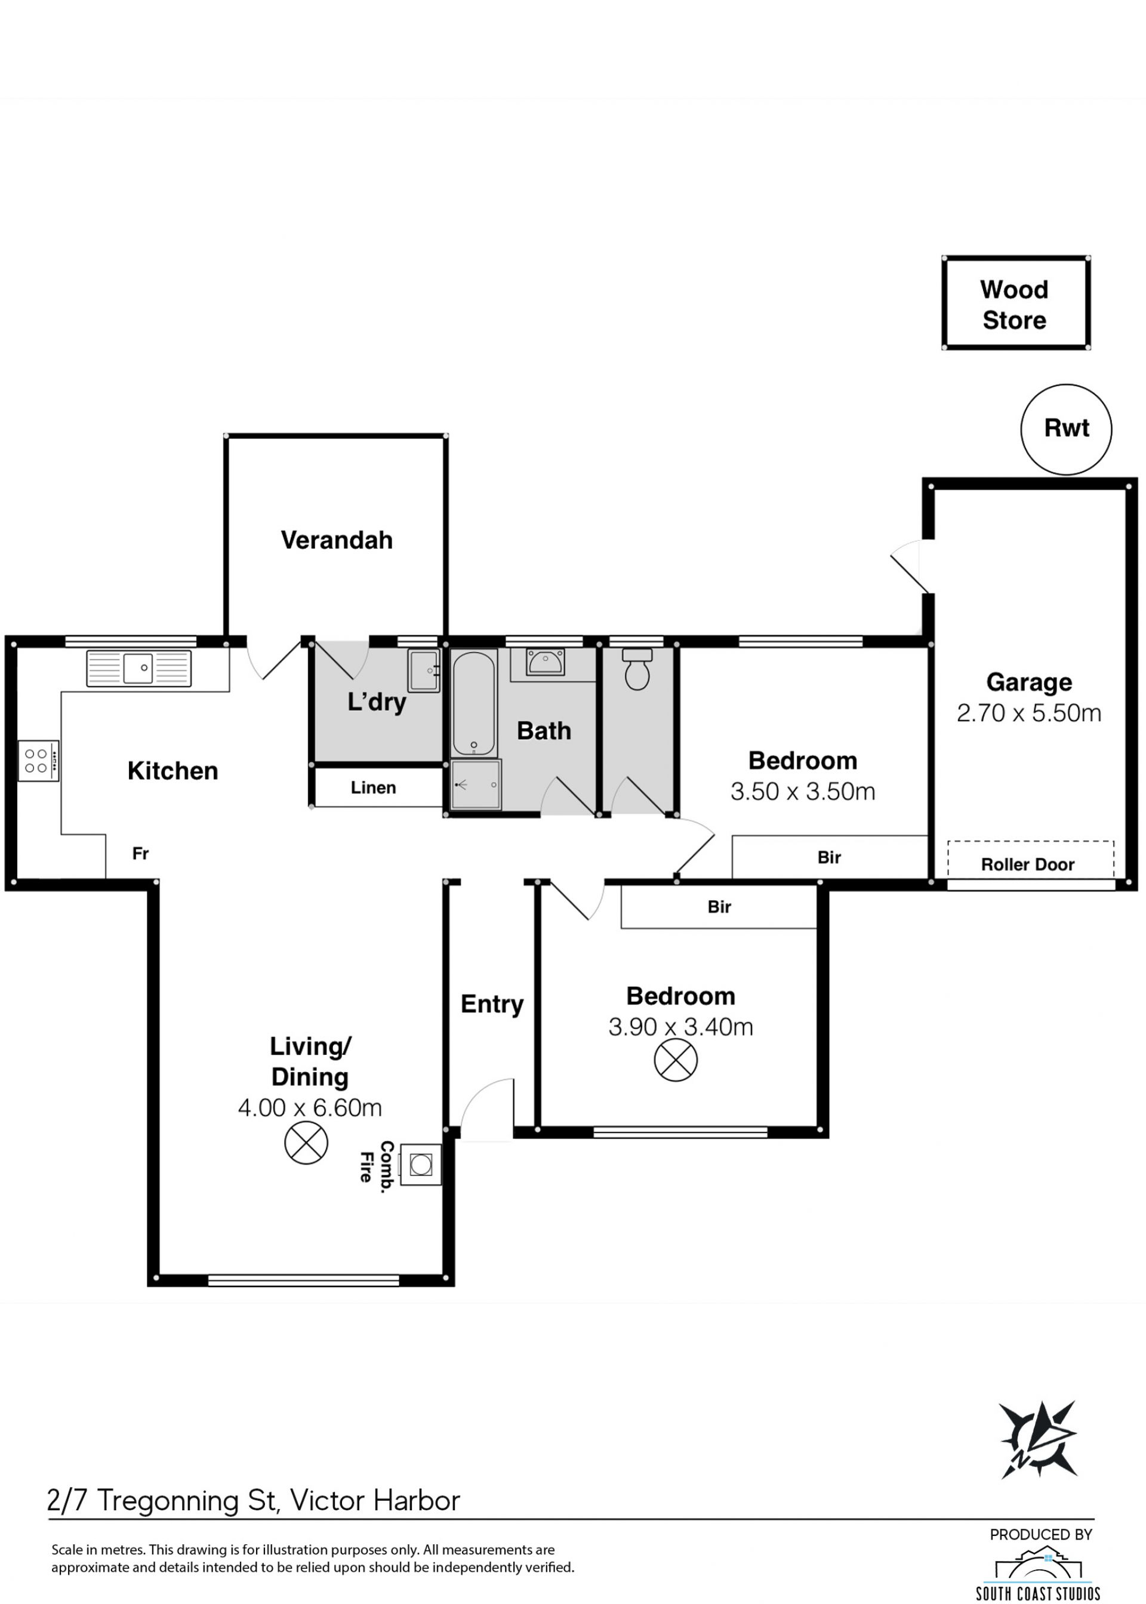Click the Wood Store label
1014,305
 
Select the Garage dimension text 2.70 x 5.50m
1029,713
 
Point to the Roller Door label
1027,864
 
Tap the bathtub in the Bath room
474,703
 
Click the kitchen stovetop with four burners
38,761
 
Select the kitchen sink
139,667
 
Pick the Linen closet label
373,787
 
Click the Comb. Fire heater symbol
421,1165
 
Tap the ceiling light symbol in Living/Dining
306,1143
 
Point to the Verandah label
337,540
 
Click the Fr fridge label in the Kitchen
140,854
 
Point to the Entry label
492,1004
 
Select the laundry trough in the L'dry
423,670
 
